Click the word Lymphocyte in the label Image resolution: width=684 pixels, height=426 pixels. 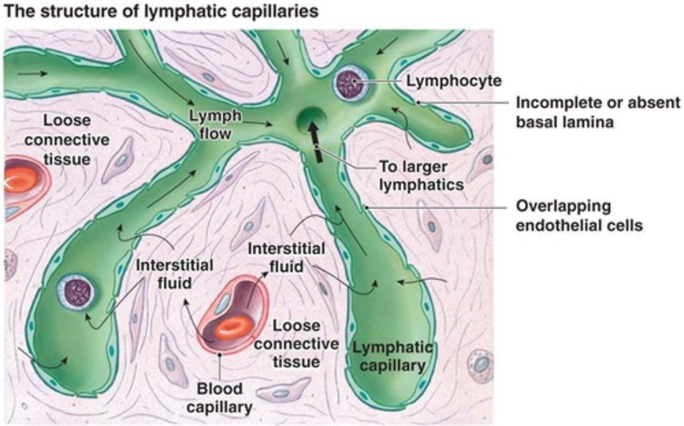point(453,81)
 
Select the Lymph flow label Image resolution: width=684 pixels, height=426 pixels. point(215,125)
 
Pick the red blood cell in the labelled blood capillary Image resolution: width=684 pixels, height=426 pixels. point(231,327)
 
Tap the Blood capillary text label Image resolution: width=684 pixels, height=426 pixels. point(219,398)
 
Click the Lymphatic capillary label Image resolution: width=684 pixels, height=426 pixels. point(392,356)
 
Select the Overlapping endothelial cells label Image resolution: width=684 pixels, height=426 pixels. point(579,215)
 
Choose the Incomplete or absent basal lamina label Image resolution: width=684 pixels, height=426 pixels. point(598,112)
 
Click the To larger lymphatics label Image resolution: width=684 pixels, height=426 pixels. point(421,176)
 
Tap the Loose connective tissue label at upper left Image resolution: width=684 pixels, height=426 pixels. point(67,140)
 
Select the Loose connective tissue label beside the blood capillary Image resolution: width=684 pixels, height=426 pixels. point(296,344)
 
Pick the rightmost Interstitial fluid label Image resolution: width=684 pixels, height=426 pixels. point(286,258)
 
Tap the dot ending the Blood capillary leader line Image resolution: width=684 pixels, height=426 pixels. point(219,354)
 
